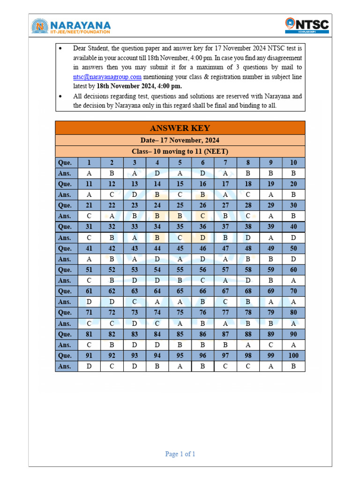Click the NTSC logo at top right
(x=307, y=25)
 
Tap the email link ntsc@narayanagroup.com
(x=107, y=77)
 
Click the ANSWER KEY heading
(x=180, y=128)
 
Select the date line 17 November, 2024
(x=180, y=141)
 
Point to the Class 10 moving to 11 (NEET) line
(x=180, y=151)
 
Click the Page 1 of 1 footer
(x=180, y=454)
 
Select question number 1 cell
(x=89, y=163)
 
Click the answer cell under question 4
(x=157, y=173)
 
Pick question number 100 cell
(x=293, y=356)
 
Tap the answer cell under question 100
(x=293, y=367)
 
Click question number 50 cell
(x=293, y=248)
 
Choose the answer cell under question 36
(x=202, y=238)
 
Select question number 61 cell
(x=89, y=292)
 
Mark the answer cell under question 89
(x=271, y=345)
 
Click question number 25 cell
(x=180, y=205)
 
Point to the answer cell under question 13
(x=135, y=195)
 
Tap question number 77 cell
(x=225, y=313)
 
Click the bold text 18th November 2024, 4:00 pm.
(x=139, y=86)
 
